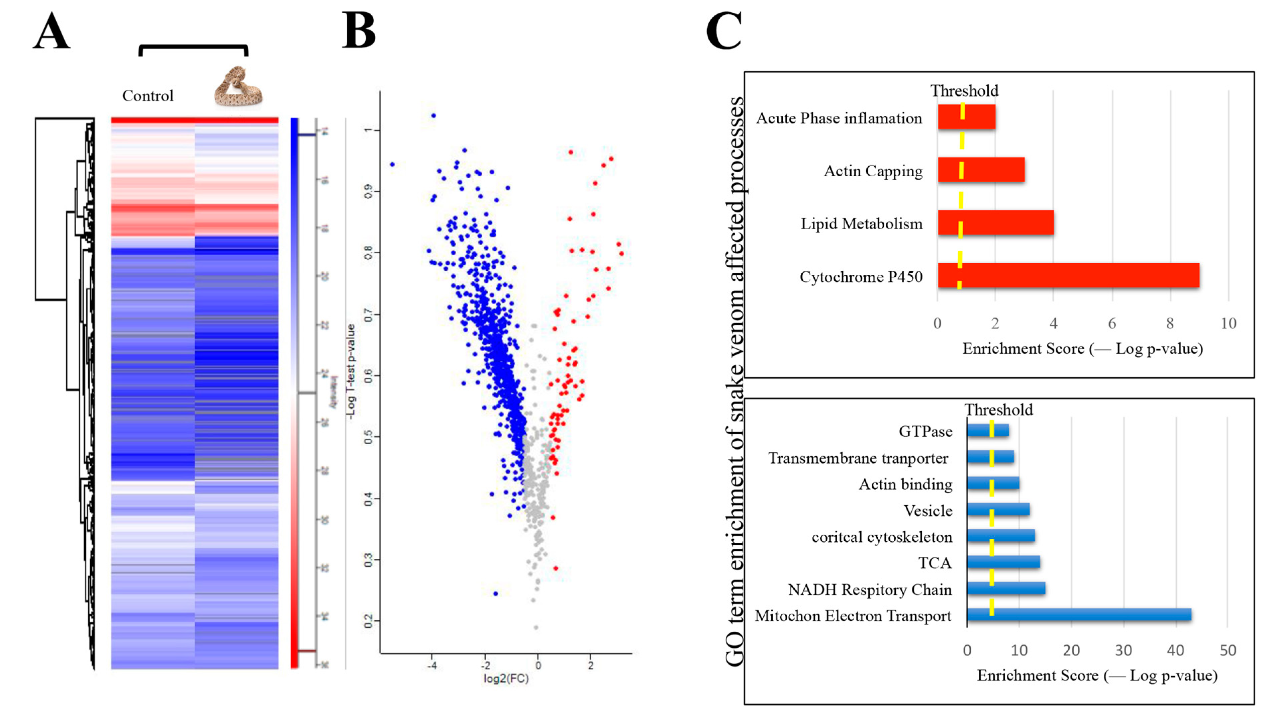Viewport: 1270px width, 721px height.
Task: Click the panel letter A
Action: point(52,32)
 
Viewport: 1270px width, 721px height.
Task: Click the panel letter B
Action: point(359,31)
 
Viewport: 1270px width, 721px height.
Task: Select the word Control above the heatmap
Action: point(148,96)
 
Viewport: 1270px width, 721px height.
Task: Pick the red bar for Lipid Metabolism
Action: point(995,222)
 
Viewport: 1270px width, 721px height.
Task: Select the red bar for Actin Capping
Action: point(981,170)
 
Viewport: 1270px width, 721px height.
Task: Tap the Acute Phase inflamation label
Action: point(839,118)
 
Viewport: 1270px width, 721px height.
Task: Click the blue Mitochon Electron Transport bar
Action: point(1079,615)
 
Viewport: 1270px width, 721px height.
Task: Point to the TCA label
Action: point(935,563)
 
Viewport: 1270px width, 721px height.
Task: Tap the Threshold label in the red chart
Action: point(964,91)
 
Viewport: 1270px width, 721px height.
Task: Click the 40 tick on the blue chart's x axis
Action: point(1175,650)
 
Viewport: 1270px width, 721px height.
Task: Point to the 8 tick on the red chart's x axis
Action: point(1170,323)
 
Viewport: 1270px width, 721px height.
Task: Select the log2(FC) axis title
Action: point(506,679)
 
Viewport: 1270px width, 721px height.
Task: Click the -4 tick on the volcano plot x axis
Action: point(431,666)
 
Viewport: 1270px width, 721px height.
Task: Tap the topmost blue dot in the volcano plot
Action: point(433,115)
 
